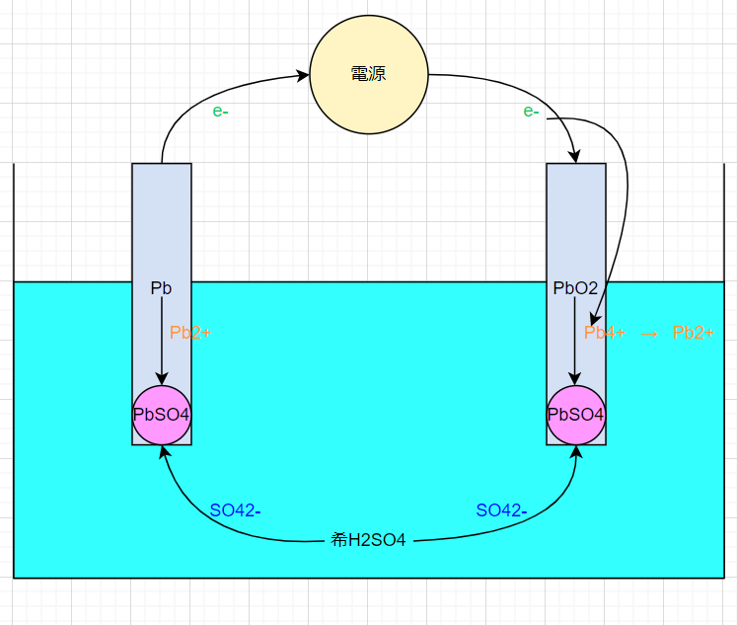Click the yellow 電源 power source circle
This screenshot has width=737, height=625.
369,74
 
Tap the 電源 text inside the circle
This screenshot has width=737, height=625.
369,74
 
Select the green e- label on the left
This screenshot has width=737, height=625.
220,111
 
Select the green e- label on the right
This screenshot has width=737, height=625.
531,111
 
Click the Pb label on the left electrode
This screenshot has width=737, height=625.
161,287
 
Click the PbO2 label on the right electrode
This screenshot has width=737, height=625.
575,287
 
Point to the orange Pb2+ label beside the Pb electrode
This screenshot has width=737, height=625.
190,333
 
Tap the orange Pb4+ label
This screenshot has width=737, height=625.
605,333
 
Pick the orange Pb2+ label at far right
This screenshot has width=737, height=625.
694,333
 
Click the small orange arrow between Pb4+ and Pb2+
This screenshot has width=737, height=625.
649,334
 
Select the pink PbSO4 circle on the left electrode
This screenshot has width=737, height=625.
162,415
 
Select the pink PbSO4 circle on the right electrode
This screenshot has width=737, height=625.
576,415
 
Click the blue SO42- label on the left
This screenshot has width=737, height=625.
235,510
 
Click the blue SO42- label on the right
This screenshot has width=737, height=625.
501,510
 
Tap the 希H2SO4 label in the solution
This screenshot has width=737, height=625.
368,540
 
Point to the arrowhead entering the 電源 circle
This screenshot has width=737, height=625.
302,75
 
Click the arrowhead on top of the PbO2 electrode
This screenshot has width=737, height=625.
575,157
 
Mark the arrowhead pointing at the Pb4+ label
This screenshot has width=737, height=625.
595,319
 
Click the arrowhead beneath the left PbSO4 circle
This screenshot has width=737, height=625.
164,452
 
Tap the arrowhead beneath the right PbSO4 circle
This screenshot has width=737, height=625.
576,452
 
